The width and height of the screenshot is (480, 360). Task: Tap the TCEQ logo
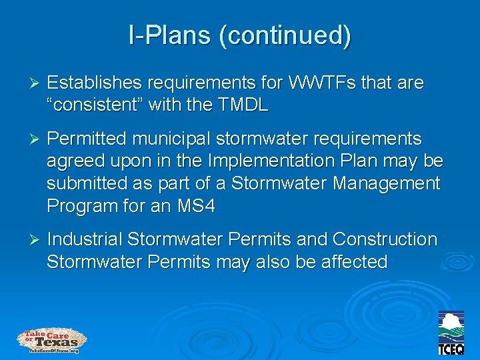(451, 333)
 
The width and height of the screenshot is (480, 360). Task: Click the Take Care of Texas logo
(52, 341)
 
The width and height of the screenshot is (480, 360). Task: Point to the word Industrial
(85, 239)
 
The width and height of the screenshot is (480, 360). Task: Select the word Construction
(385, 239)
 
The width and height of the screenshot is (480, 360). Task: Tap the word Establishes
(94, 83)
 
